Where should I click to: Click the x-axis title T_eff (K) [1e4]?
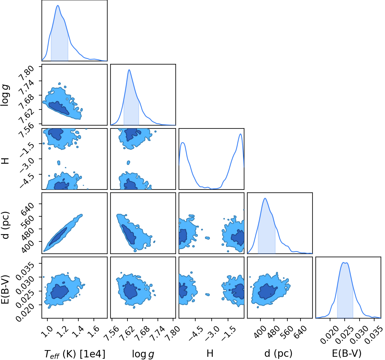click(75, 354)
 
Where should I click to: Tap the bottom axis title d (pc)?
click(278, 354)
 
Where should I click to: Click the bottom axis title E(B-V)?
click(347, 354)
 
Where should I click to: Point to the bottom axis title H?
click(210, 354)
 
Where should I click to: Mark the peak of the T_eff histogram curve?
click(58, 6)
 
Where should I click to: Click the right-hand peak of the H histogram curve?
click(240, 134)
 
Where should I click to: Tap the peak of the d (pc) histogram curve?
click(265, 198)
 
